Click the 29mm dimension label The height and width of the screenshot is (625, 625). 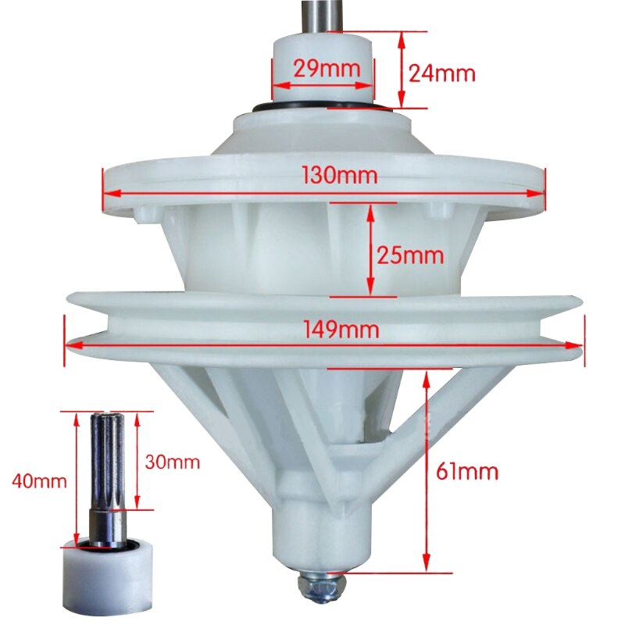[327, 68]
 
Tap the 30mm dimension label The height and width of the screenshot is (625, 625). [173, 462]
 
